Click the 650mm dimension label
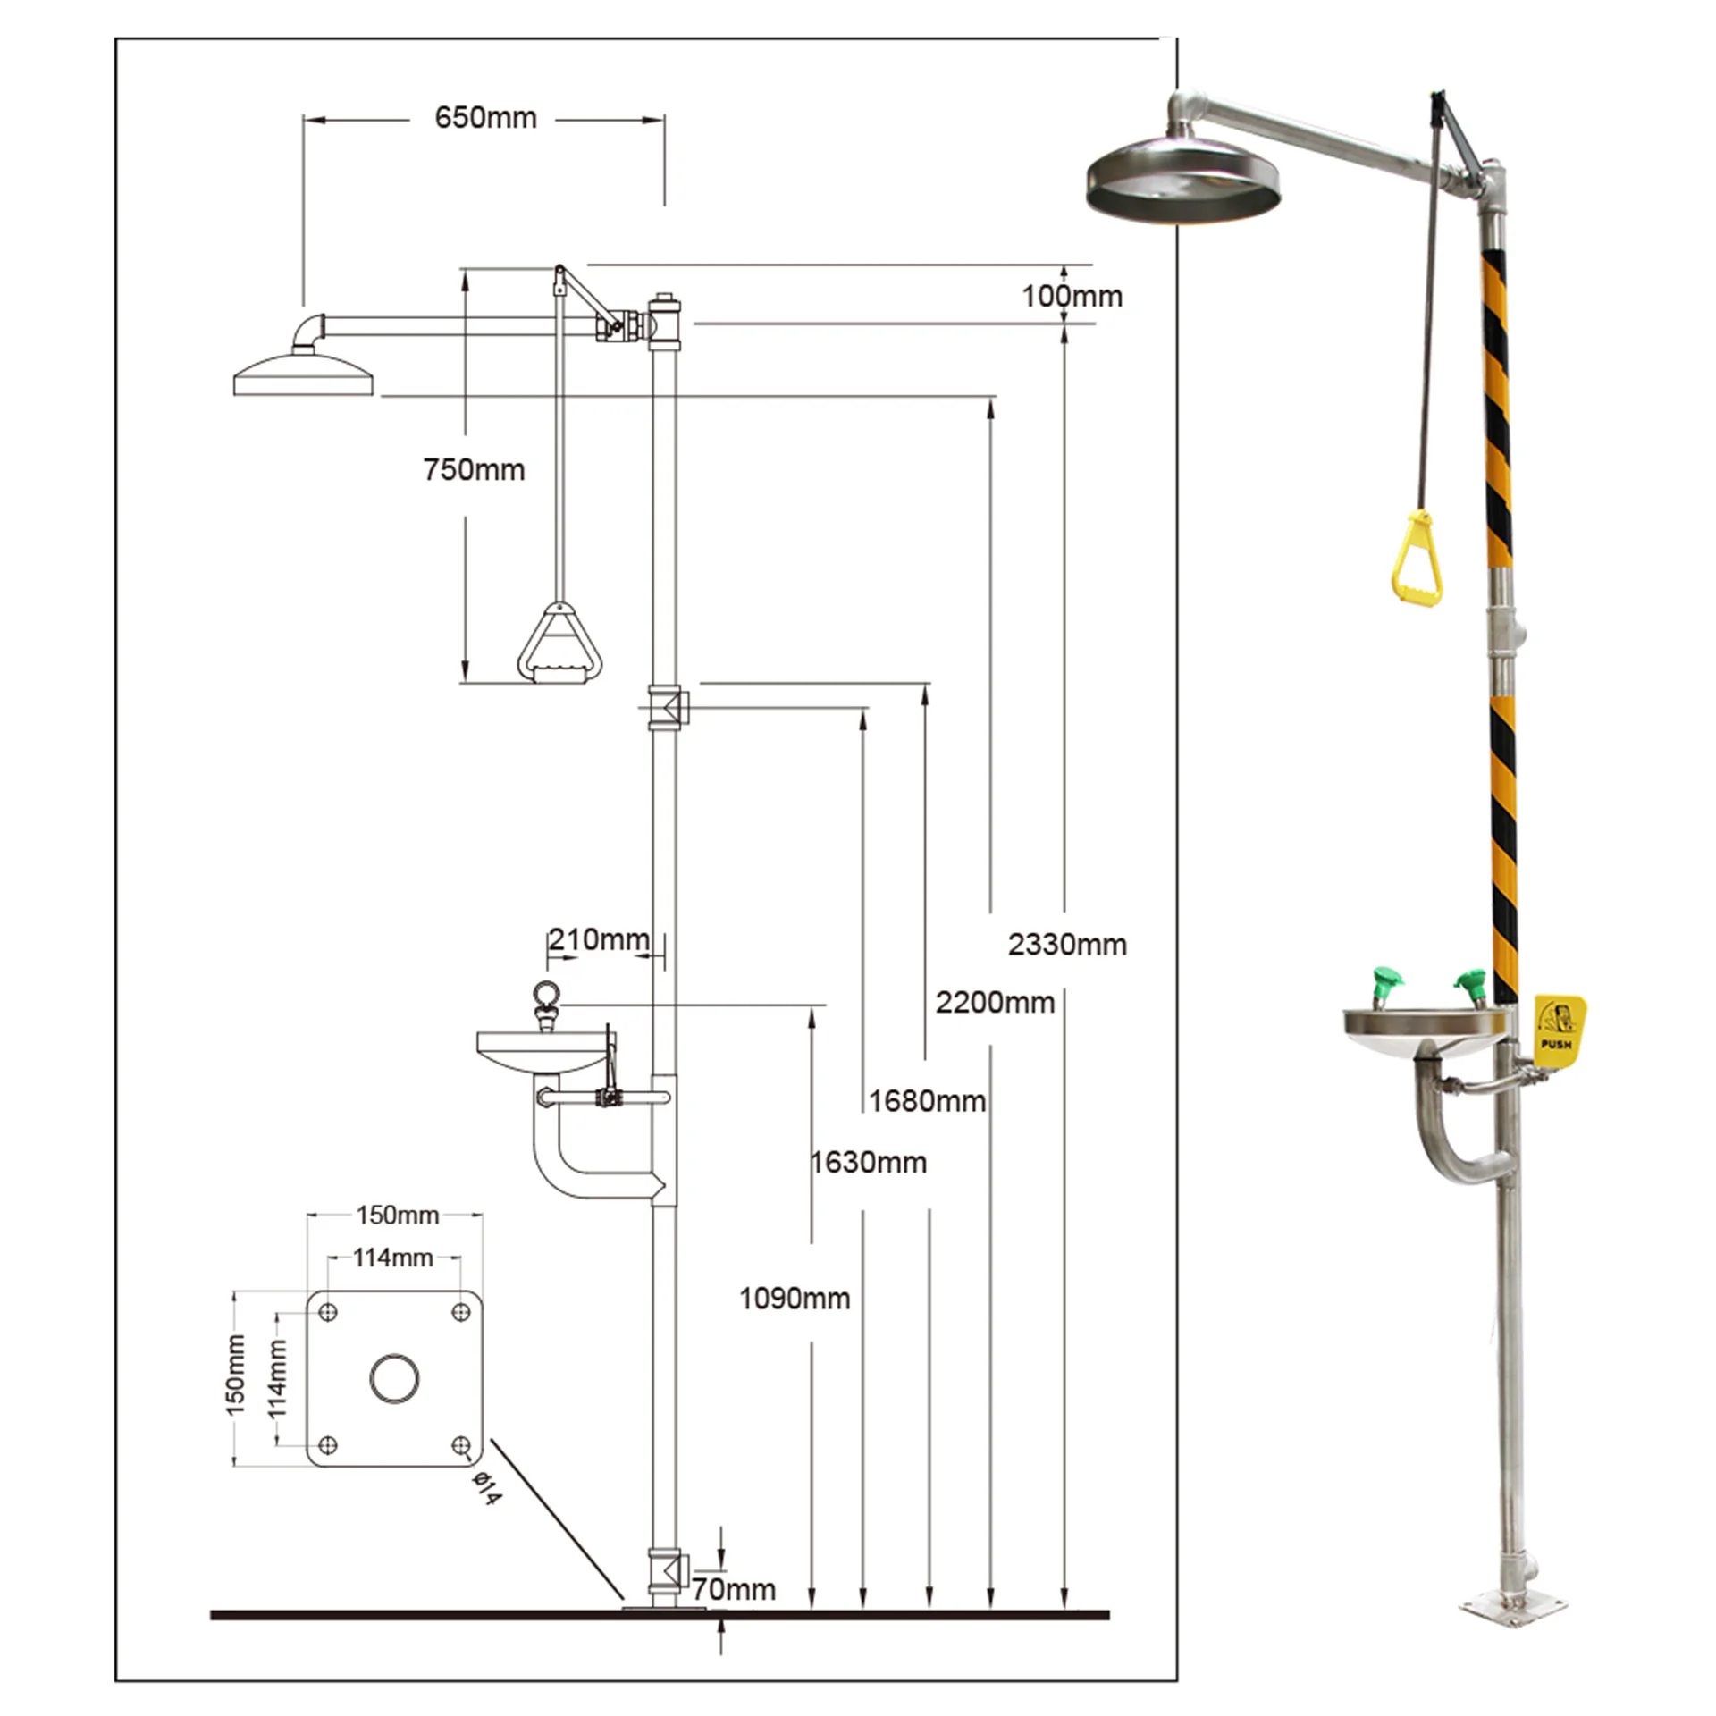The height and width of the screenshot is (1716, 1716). coord(485,118)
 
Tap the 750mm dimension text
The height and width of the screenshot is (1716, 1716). coord(474,470)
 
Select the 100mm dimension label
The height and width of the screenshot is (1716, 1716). coord(1072,297)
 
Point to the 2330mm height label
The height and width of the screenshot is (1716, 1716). coord(1067,945)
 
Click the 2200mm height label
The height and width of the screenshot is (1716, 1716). coord(995,1003)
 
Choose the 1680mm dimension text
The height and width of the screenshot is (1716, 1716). coord(927,1101)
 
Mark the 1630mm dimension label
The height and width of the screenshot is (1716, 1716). coord(868,1163)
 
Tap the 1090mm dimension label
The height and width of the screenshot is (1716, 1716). coord(795,1299)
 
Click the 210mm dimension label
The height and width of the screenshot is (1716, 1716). coord(598,939)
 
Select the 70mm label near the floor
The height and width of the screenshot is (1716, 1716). coord(734,1589)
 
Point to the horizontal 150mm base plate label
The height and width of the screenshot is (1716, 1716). coord(397,1215)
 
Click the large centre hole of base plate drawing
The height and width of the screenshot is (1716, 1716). coord(394,1378)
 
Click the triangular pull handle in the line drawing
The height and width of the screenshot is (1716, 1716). coord(559,643)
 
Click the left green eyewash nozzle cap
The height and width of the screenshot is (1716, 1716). coord(1386,985)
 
